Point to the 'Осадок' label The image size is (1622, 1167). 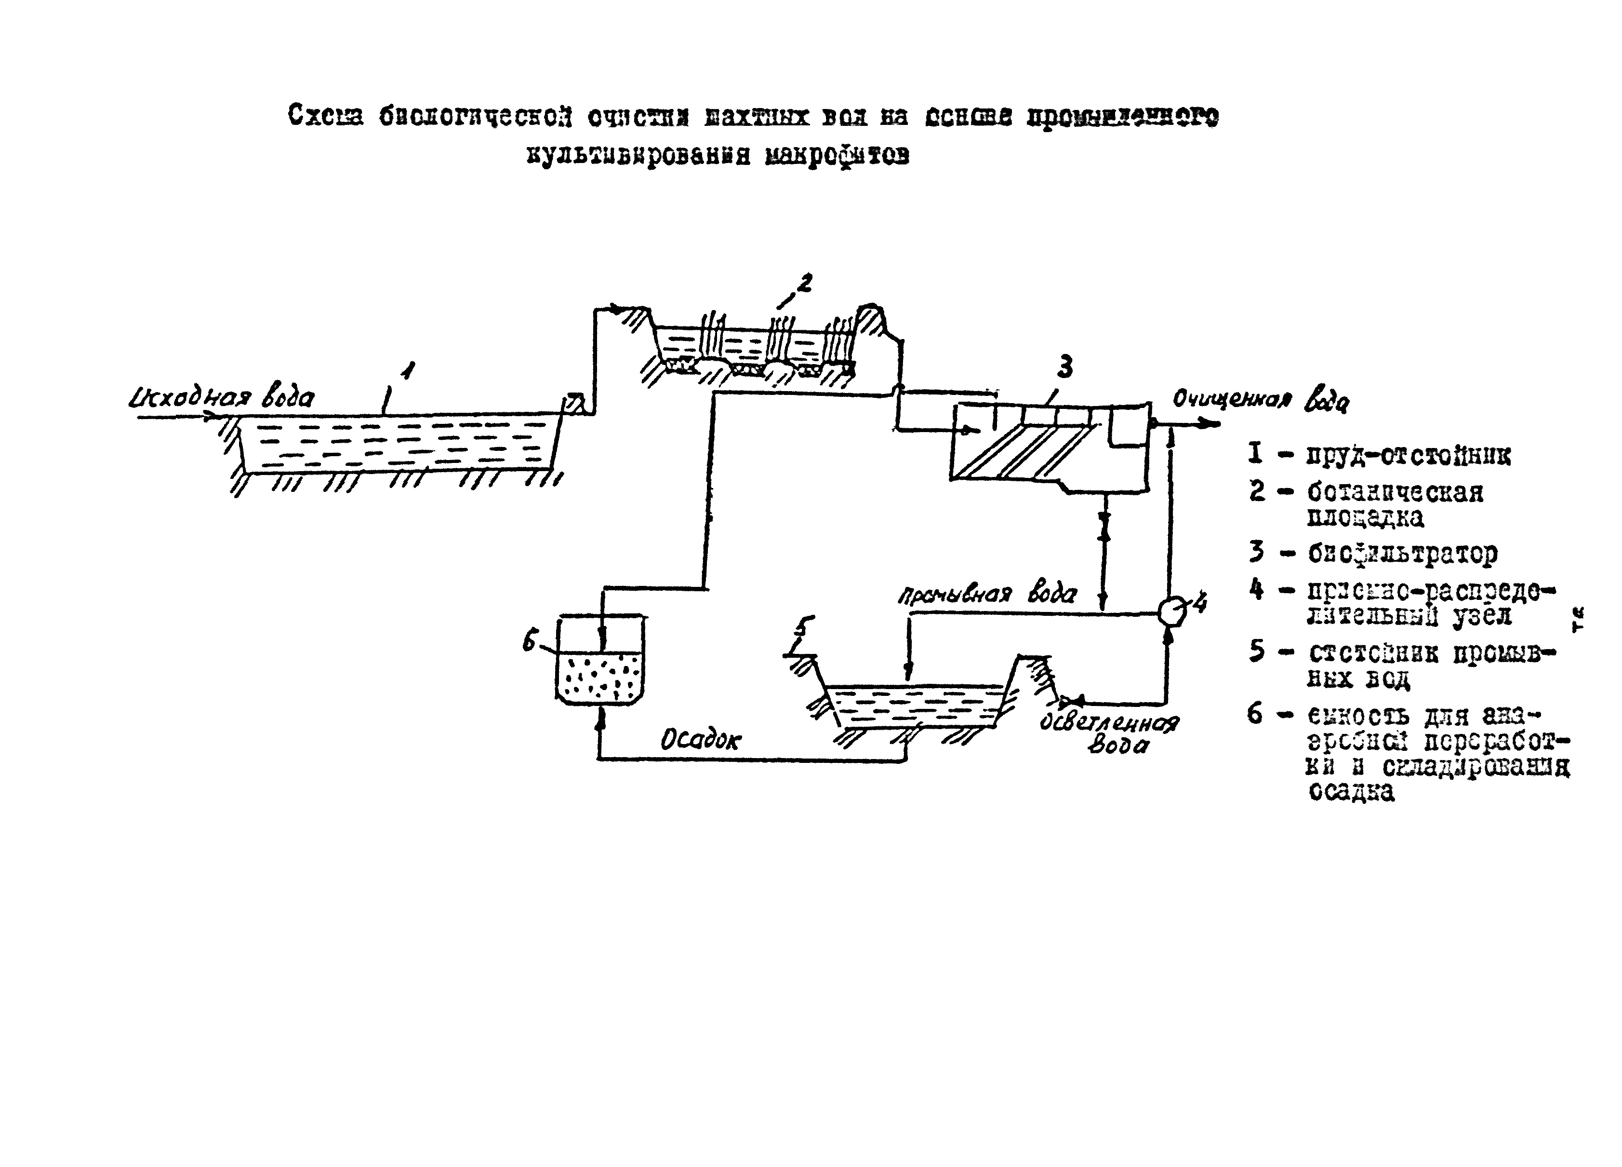(700, 741)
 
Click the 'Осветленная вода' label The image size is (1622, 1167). (1108, 733)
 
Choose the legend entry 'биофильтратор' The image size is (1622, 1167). (1402, 553)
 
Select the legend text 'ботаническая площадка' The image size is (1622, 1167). (1394, 504)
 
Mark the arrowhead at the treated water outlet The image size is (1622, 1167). (1214, 424)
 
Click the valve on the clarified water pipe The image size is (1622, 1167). (1072, 700)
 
